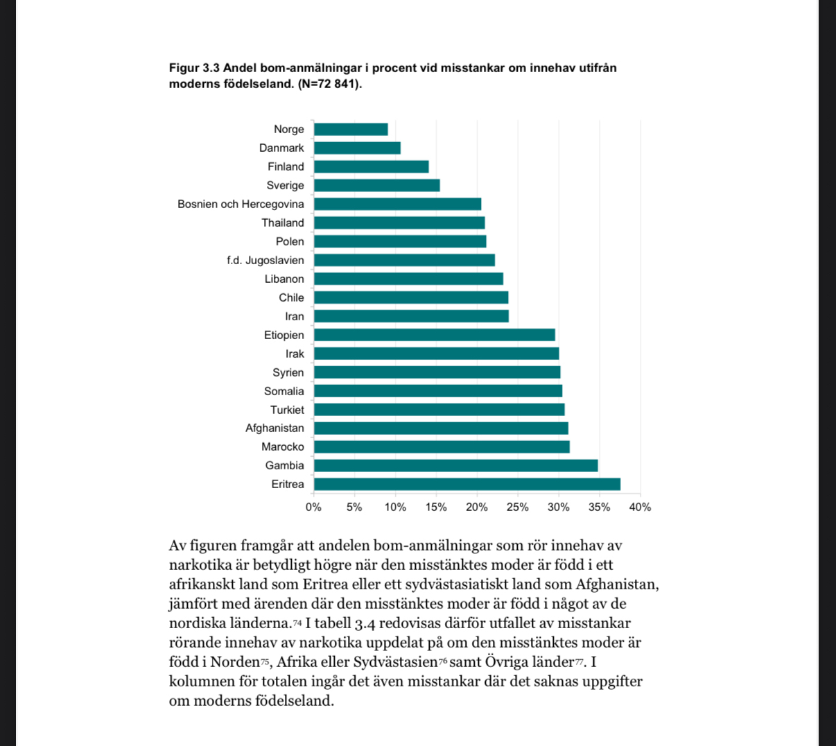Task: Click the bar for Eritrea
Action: coord(467,484)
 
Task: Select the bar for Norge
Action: coord(351,129)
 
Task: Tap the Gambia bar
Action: coord(455,465)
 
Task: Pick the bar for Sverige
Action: coord(376,185)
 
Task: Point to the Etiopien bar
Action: coord(434,335)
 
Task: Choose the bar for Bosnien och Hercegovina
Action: coord(397,204)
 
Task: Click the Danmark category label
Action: coord(281,148)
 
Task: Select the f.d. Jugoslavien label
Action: coord(265,260)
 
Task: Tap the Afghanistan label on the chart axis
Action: coord(275,428)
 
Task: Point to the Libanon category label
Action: coord(284,279)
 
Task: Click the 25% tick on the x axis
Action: coord(517,507)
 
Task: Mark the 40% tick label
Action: coord(640,507)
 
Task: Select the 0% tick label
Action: coord(313,507)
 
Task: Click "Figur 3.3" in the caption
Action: coord(194,68)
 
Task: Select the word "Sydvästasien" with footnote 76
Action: coord(395,661)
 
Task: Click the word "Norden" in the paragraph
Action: coord(235,661)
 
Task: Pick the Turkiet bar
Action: coord(439,410)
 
